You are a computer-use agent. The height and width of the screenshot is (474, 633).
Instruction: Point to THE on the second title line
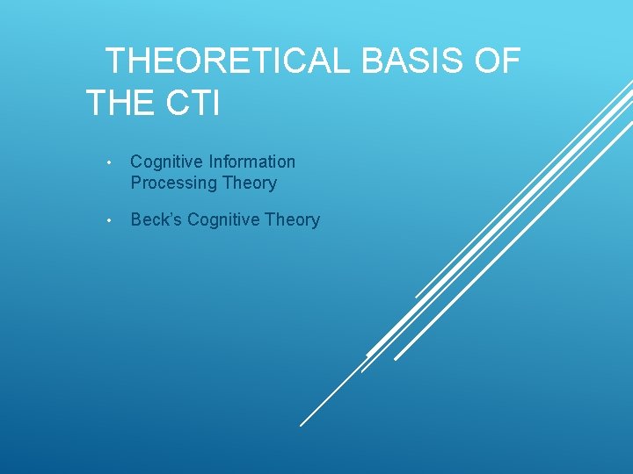pos(119,104)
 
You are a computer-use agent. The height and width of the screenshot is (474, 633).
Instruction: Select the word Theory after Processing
pos(249,183)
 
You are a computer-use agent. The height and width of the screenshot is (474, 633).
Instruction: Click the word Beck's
pos(156,219)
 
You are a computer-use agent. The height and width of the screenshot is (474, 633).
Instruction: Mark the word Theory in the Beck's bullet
pos(292,219)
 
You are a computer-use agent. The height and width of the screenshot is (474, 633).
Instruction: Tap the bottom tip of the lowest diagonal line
pos(301,426)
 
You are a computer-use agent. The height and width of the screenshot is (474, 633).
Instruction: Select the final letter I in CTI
pos(215,104)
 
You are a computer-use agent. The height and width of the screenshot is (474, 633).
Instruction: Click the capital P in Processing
pos(136,183)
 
